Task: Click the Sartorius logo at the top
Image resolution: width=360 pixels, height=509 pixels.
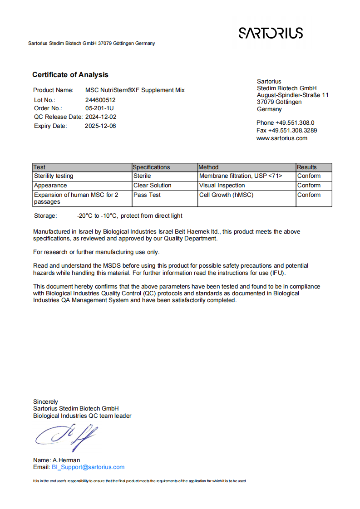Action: [x=271, y=33]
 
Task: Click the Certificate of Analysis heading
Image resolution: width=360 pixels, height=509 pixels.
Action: [x=70, y=75]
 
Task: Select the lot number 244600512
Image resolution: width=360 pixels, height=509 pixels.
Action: [x=100, y=100]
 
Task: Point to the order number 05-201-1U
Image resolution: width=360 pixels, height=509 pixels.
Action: [x=99, y=108]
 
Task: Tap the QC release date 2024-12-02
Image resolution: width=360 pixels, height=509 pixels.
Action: [x=101, y=117]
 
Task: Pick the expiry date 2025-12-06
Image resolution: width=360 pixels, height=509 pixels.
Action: [x=100, y=126]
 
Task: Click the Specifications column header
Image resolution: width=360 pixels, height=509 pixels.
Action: [x=152, y=167]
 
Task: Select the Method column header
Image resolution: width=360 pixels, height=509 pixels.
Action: [x=208, y=167]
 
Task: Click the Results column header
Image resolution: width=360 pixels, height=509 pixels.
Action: [x=307, y=167]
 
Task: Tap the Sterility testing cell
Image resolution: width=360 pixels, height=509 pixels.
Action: [x=54, y=176]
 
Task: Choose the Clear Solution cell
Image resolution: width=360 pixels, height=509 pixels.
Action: [x=153, y=185]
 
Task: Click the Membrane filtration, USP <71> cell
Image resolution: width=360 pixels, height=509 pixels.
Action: [x=241, y=176]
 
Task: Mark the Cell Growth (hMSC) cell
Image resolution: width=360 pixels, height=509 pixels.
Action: [x=226, y=195]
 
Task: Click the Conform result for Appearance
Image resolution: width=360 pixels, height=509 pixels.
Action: [x=309, y=185]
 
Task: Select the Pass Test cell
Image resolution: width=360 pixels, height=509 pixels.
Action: [x=147, y=195]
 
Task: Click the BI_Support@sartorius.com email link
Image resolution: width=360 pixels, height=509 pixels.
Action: [x=88, y=467]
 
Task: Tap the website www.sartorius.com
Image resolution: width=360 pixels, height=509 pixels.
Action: [x=282, y=138]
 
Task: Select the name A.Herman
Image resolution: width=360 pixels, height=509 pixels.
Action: [x=66, y=460]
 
